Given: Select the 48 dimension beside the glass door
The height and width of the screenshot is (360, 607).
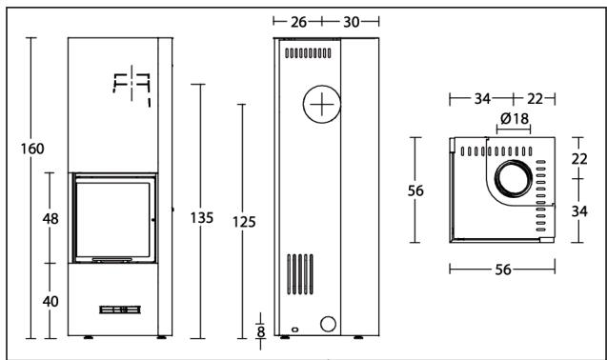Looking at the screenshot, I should (51, 219).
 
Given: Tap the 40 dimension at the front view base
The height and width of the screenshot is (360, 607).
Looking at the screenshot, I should (51, 301).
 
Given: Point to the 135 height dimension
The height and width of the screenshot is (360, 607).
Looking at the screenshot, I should (201, 218).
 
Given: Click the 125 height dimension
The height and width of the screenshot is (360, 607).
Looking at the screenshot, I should (244, 222).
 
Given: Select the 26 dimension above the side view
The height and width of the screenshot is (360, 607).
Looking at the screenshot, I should (299, 21).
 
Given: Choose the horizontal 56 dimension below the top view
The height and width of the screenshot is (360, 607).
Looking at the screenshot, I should (502, 270).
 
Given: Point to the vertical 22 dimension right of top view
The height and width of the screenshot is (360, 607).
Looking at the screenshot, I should (579, 159).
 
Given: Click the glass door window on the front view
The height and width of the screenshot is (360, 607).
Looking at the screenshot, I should (113, 218).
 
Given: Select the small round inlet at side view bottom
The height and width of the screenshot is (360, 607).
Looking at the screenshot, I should (327, 325).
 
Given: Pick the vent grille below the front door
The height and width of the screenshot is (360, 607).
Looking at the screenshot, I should (119, 310).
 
